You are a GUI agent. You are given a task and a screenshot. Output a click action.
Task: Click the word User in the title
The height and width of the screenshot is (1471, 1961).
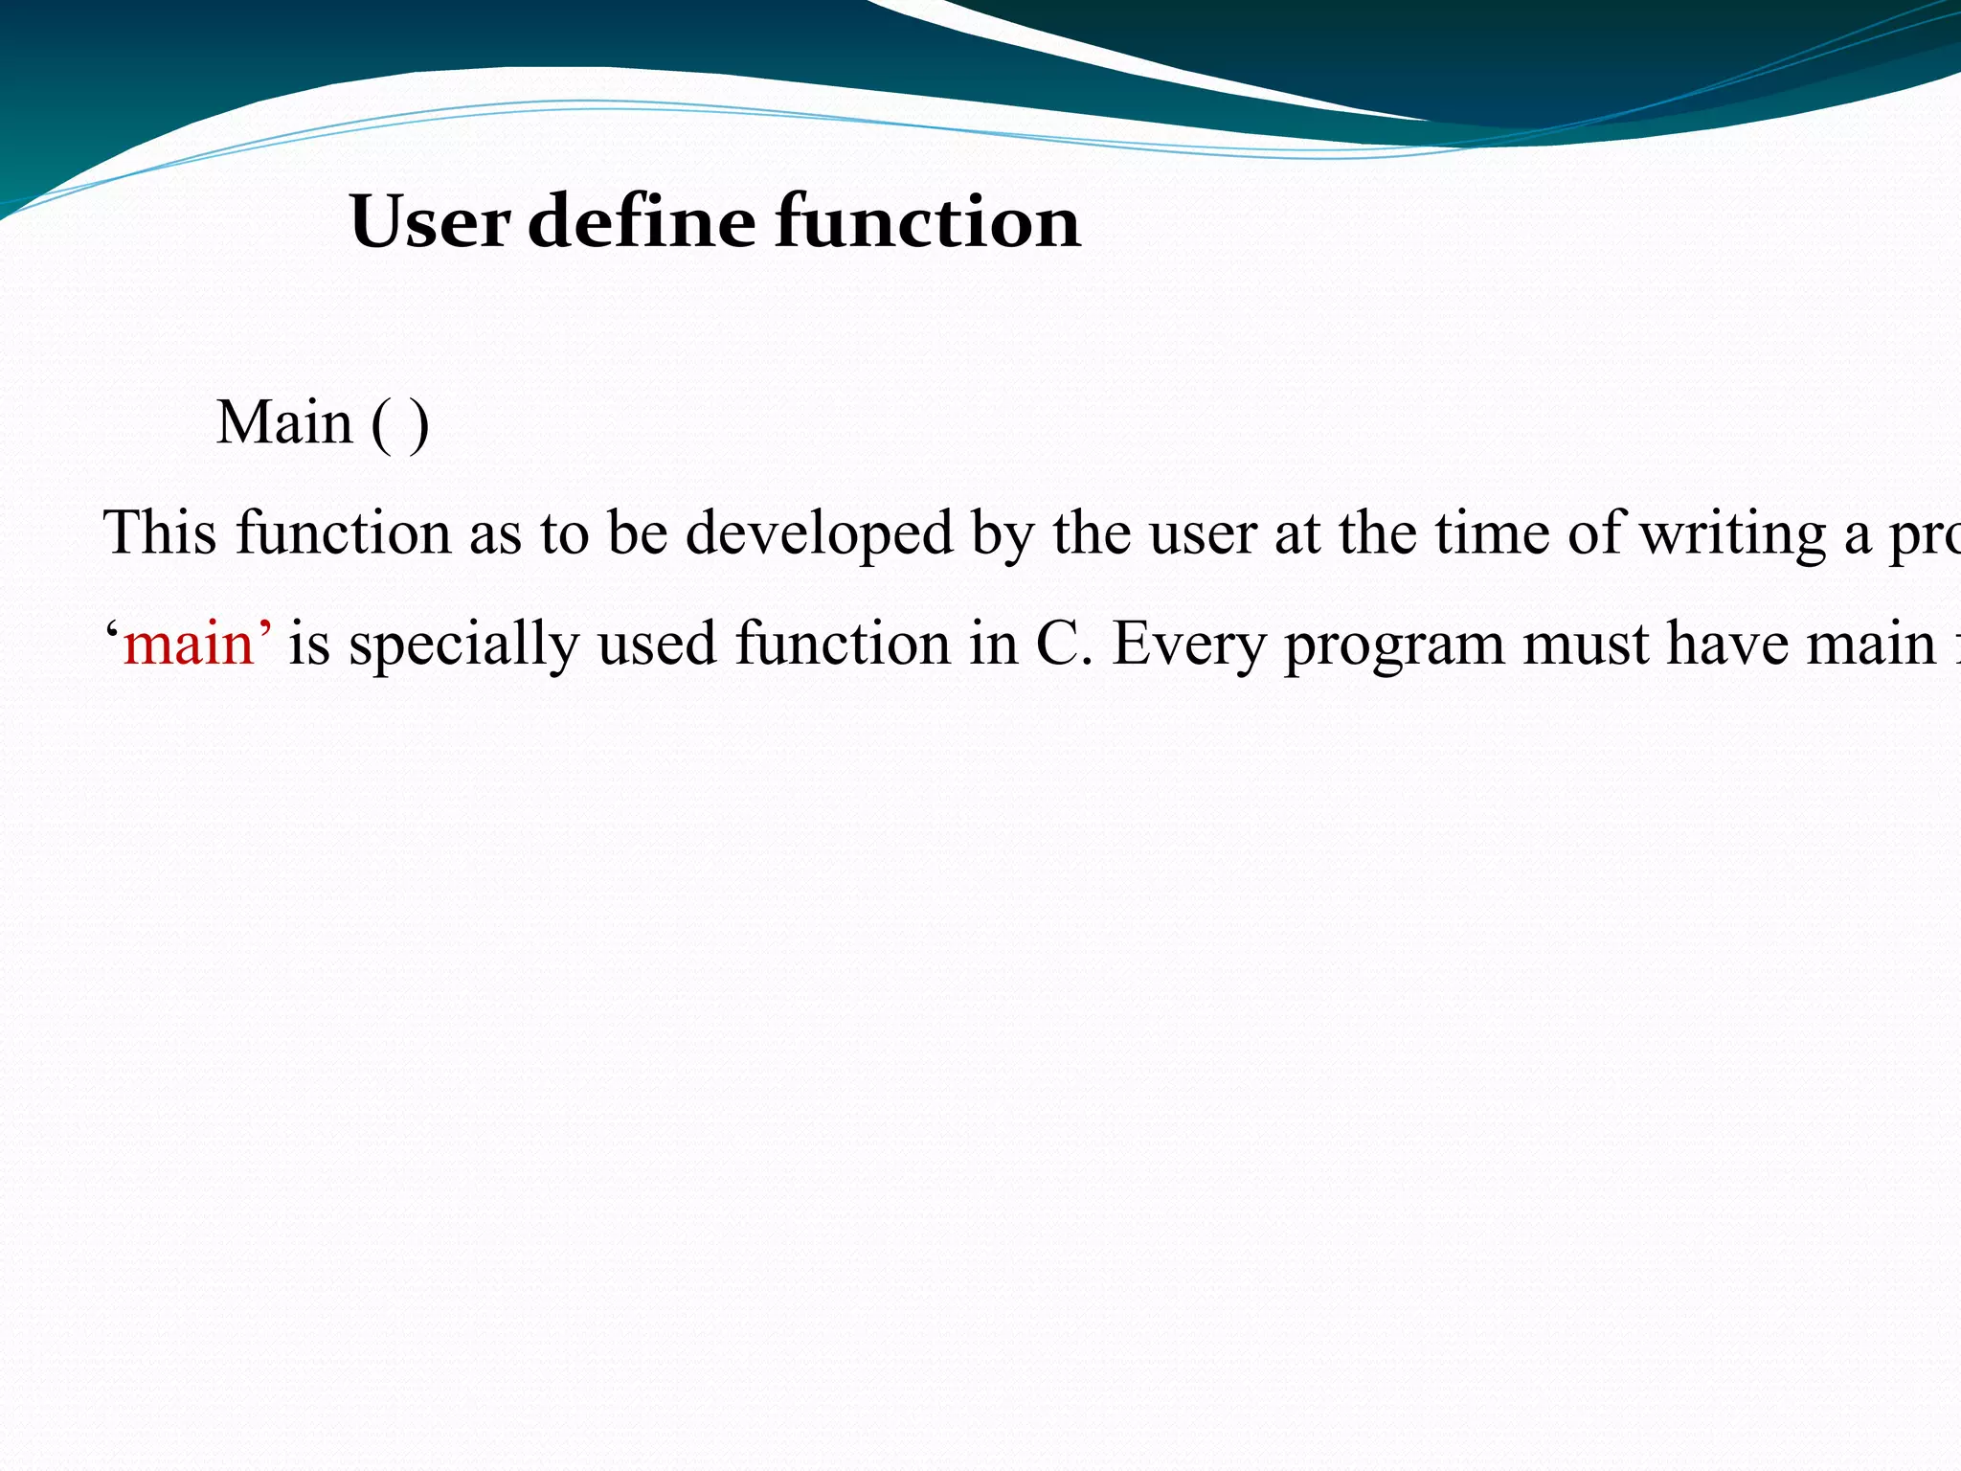pos(430,222)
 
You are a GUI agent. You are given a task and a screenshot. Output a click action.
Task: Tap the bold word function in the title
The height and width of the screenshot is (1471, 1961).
pos(927,222)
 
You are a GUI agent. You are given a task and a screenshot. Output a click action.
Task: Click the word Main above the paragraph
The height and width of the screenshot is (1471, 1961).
pos(284,422)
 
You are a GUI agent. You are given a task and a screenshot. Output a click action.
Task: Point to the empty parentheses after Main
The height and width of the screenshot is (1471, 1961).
pos(400,424)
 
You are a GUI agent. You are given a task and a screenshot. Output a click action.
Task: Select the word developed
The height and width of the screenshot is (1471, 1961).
pos(820,534)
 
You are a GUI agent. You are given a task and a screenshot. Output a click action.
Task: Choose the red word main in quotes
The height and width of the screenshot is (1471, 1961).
pos(189,644)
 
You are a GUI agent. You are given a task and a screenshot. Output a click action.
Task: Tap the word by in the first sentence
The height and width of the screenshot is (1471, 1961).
pos(1003,534)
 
